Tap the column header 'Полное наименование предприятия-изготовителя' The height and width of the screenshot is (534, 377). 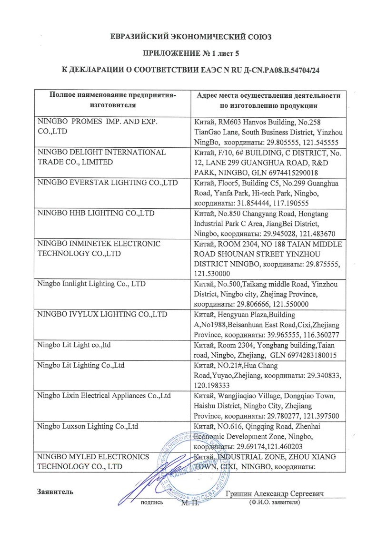pyautogui.click(x=113, y=100)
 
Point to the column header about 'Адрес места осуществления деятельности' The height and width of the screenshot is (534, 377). pyautogui.click(x=268, y=100)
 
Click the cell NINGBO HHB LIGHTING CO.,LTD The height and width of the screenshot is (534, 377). pyautogui.click(x=96, y=213)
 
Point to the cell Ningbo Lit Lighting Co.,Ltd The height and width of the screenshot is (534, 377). pyautogui.click(x=80, y=365)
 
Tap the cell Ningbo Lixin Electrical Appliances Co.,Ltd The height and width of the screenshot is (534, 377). pyautogui.click(x=104, y=395)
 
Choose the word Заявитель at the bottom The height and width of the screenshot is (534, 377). pyautogui.click(x=55, y=492)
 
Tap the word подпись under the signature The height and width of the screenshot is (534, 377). pyautogui.click(x=152, y=502)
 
